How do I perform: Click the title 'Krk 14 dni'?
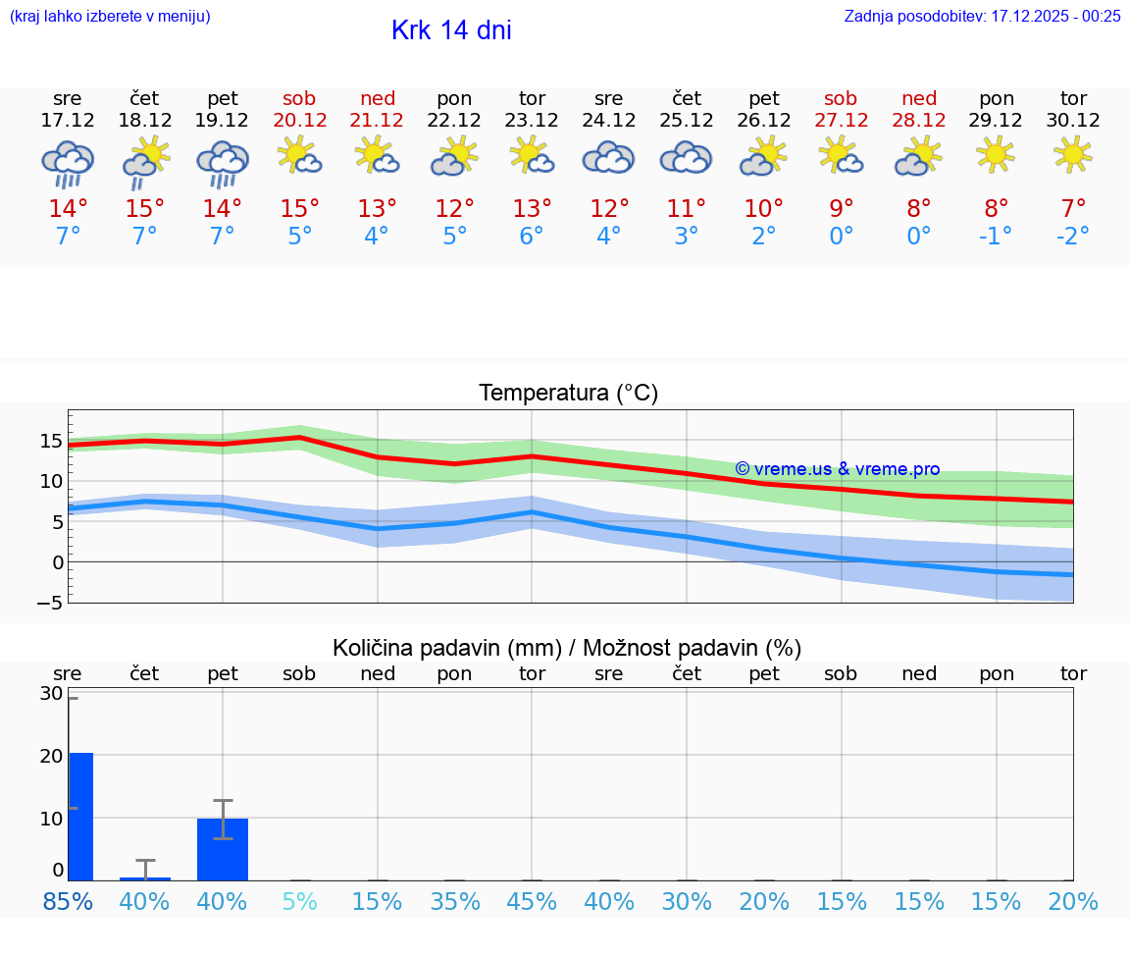click(451, 30)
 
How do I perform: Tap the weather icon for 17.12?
click(68, 163)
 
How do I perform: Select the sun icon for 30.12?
click(1073, 154)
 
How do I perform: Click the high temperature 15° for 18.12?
click(145, 208)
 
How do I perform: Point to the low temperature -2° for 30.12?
click(1073, 236)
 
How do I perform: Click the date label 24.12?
click(608, 120)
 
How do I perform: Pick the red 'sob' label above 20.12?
click(299, 98)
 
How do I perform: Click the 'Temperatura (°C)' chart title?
click(568, 393)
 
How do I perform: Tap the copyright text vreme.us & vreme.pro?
click(837, 469)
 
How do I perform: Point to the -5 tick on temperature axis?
click(51, 603)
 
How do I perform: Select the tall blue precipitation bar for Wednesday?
click(80, 816)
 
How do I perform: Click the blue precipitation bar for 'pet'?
click(223, 849)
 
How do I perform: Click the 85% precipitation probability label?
click(68, 902)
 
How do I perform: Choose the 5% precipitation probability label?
click(299, 902)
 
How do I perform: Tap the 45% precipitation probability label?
click(532, 902)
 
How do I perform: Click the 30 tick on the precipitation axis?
click(51, 693)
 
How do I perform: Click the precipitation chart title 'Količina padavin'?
click(567, 648)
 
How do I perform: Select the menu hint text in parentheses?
click(110, 16)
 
